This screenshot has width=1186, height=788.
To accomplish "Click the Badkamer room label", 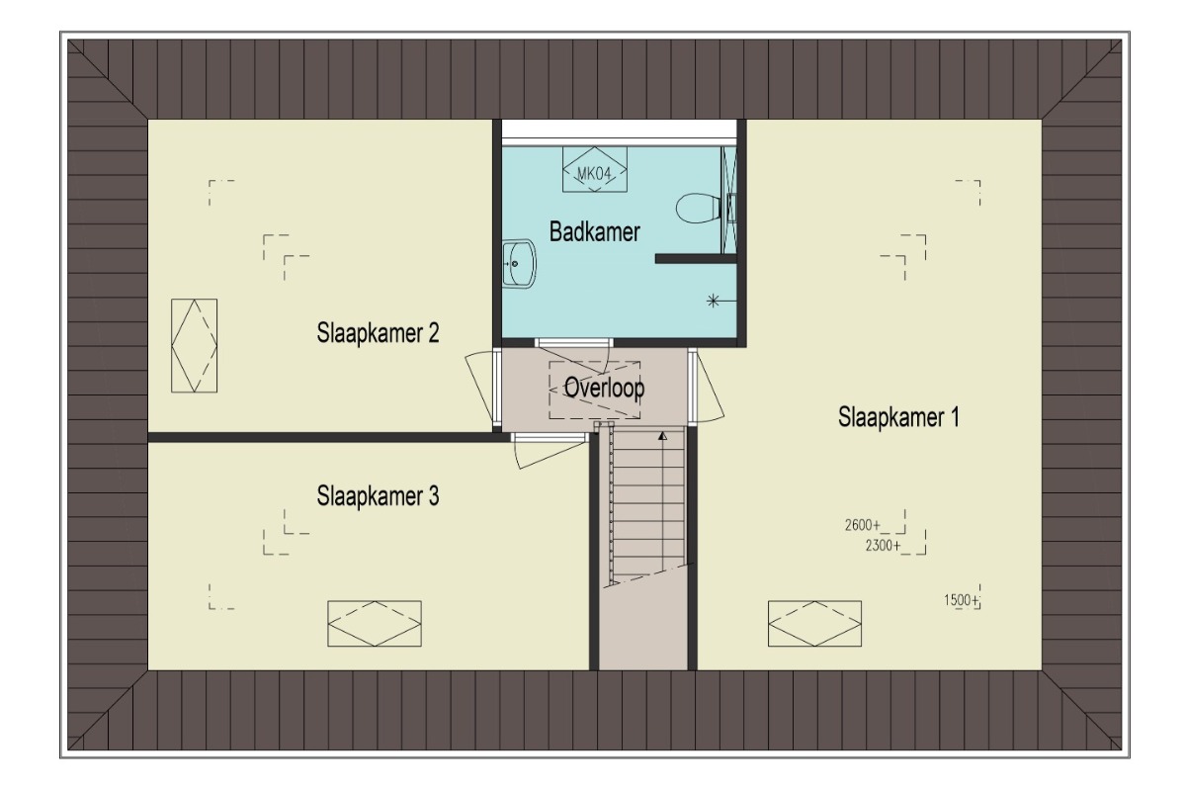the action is click(594, 232).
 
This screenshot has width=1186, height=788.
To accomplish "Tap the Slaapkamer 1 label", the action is click(898, 417).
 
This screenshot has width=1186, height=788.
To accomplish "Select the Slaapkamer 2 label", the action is click(378, 333).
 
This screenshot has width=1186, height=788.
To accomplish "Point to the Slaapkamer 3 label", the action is click(378, 496).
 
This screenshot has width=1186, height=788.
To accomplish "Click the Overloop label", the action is click(604, 388).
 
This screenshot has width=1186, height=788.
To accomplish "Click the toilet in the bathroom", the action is click(699, 208).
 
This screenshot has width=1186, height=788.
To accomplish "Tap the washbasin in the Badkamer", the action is click(519, 264).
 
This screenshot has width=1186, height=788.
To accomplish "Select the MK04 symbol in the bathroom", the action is click(595, 169).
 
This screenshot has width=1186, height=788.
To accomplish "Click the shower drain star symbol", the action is click(714, 302).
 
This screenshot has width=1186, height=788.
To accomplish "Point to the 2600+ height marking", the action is click(863, 525).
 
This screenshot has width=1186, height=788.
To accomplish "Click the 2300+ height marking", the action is click(883, 546).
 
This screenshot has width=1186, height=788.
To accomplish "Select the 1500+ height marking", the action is click(961, 600).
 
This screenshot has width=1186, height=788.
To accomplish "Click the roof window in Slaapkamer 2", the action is click(195, 346).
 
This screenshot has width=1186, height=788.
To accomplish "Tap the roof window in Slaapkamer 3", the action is click(375, 623).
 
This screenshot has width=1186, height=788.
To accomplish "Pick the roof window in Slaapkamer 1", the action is click(814, 623).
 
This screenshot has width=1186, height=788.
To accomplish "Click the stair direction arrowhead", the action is click(662, 436).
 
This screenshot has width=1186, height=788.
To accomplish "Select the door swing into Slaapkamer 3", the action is click(551, 455).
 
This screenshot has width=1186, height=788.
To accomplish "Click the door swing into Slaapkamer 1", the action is click(710, 390).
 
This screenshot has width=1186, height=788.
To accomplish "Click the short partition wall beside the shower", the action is click(696, 258).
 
